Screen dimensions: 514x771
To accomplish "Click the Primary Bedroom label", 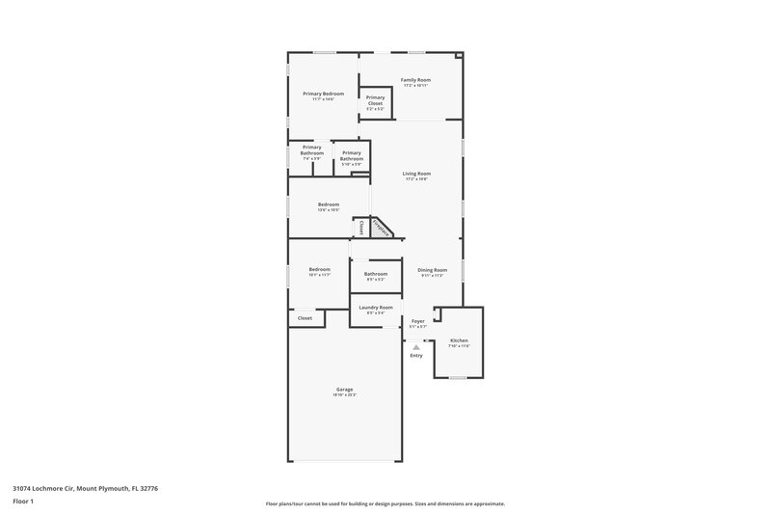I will [x=323, y=94].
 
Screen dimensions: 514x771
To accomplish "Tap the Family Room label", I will [x=415, y=80].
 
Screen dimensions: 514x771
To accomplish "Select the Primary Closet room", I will [x=375, y=102].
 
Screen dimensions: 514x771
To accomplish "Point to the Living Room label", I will [x=416, y=174].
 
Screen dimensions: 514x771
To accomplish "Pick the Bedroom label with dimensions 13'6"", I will [x=329, y=204].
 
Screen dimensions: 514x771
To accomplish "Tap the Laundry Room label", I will [x=376, y=308].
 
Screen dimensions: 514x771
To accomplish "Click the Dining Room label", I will [x=432, y=270].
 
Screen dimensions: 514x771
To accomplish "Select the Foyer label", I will [x=417, y=321].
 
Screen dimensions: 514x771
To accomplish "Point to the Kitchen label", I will [x=459, y=341].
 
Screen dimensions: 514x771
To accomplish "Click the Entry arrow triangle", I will [x=416, y=346].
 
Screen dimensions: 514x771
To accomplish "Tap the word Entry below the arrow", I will [x=416, y=355].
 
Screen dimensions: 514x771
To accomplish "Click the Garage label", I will [x=345, y=390].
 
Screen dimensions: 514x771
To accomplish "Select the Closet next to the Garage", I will [x=305, y=317].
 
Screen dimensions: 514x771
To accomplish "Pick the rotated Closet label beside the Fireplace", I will [x=361, y=228].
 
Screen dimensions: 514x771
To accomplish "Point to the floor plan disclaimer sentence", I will [x=385, y=503].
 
